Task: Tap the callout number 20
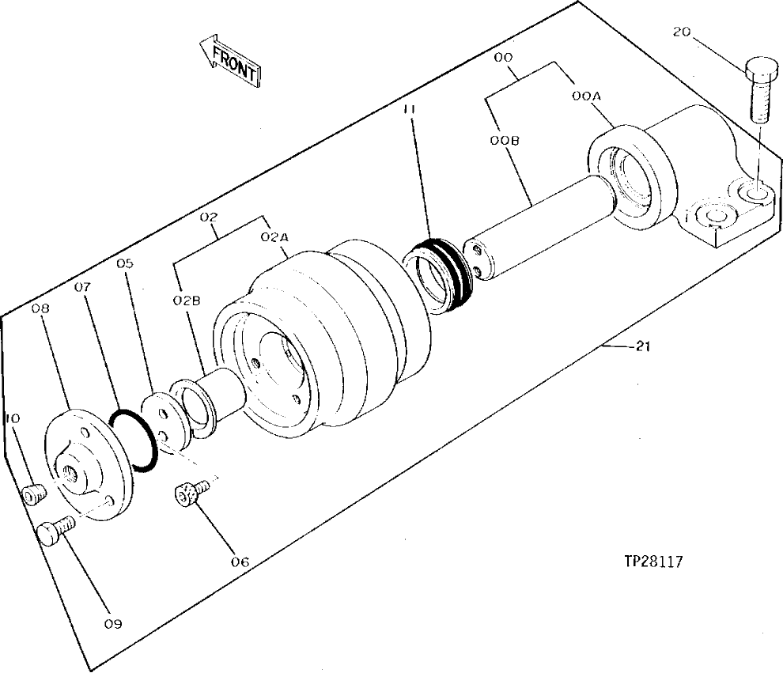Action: point(683,32)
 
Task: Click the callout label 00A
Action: point(588,95)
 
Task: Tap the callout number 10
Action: point(13,418)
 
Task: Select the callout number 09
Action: point(112,624)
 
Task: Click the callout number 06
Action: point(240,562)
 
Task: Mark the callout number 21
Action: point(641,346)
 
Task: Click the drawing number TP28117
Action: point(653,561)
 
